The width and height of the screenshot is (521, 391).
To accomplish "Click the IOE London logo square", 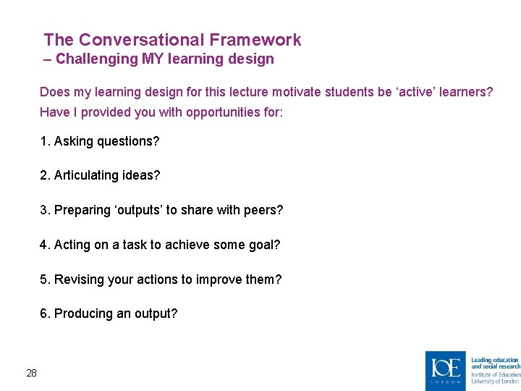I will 445,370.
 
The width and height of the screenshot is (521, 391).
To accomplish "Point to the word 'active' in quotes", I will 422,92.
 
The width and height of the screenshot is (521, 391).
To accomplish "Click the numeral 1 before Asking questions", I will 43,141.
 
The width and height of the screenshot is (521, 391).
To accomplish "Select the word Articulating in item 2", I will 86,175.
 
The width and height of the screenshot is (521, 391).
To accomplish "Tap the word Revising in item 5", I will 77,279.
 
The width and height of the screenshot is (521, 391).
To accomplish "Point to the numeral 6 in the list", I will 43,314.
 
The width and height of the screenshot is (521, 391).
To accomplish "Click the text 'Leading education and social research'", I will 495,363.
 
